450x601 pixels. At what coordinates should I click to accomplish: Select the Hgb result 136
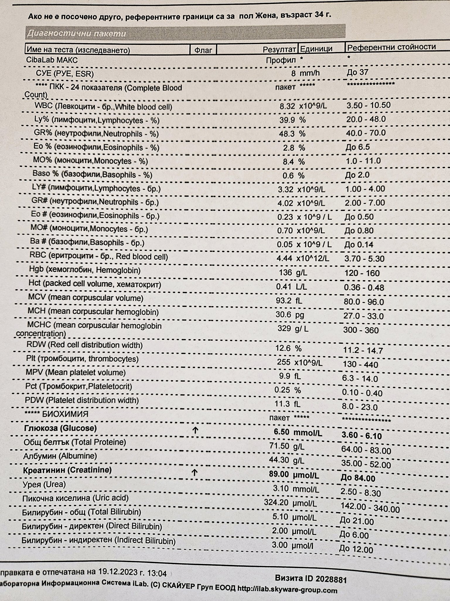pyautogui.click(x=285, y=273)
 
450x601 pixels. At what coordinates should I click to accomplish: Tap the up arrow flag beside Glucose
pyautogui.click(x=195, y=431)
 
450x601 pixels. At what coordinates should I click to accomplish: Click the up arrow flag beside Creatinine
pyautogui.click(x=195, y=472)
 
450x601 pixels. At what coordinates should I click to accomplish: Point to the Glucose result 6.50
pyautogui.click(x=282, y=432)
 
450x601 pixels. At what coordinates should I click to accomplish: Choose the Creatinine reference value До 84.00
pyautogui.click(x=358, y=478)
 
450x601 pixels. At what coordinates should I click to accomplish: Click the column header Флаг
pyautogui.click(x=203, y=50)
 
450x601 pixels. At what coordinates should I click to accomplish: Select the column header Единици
pyautogui.click(x=316, y=49)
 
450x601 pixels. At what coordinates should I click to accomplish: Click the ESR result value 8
pyautogui.click(x=293, y=73)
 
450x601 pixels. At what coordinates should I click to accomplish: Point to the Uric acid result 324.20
pyautogui.click(x=276, y=502)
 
